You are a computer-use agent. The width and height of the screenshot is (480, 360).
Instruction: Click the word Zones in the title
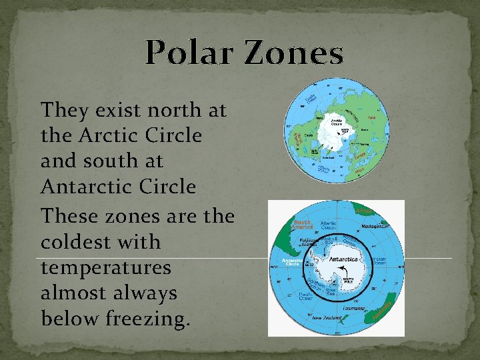(x=294, y=53)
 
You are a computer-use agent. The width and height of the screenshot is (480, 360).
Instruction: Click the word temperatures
(x=106, y=268)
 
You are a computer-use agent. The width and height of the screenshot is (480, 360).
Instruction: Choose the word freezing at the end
(x=147, y=319)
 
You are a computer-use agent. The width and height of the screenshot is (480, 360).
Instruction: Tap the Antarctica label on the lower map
(x=343, y=259)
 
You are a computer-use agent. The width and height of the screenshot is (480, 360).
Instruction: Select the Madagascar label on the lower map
(x=375, y=227)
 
